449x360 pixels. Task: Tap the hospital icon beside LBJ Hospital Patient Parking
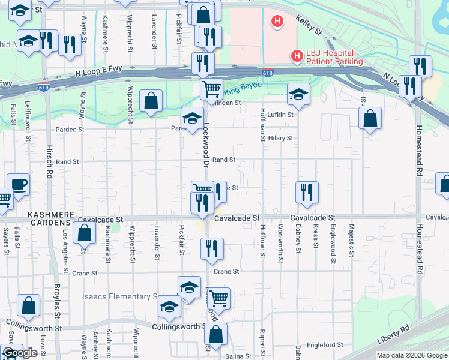(297, 56)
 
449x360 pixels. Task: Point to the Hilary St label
(280, 138)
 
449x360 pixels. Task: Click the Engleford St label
(324, 345)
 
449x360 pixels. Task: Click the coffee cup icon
(17, 184)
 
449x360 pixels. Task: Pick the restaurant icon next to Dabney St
(307, 192)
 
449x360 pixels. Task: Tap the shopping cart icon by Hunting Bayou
(211, 89)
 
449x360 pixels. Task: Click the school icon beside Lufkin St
(298, 93)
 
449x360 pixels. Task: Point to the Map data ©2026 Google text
(411, 355)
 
